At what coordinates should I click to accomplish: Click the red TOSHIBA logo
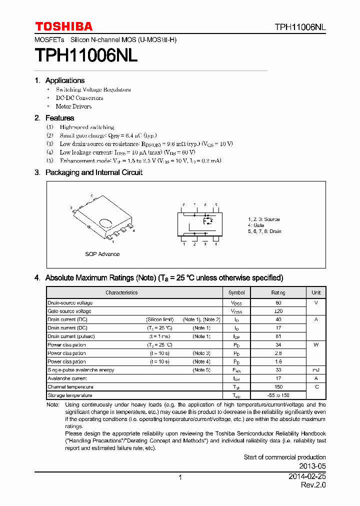pos(63,26)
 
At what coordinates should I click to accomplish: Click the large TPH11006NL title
pos(86,55)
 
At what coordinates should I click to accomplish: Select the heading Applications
pos(64,80)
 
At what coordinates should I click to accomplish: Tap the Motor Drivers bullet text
pos(73,106)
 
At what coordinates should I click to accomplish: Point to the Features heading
pos(59,118)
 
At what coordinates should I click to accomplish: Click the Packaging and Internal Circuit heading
pos(93,172)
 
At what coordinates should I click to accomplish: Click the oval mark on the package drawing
pos(105,223)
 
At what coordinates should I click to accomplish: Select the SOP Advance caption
pos(102,254)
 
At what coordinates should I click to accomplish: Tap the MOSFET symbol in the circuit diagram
pos(208,220)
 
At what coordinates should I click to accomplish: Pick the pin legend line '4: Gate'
pos(256,225)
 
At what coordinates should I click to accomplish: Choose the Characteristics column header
pos(121,292)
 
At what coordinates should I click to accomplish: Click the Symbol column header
pos(236,292)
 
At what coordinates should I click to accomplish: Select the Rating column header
pos(278,292)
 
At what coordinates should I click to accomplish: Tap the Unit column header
pos(316,292)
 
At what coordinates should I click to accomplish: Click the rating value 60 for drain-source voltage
pos(278,303)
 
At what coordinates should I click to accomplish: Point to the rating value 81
pos(278,336)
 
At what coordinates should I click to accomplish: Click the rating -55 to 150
pos(278,395)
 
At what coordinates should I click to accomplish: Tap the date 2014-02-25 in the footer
pos(307,477)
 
